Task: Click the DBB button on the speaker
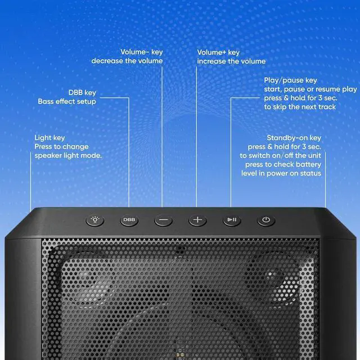click(x=129, y=220)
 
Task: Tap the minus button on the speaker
click(x=163, y=220)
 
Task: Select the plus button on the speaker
click(x=197, y=220)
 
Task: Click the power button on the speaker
click(x=266, y=220)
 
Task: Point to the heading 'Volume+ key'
click(x=218, y=52)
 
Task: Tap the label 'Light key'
click(x=49, y=138)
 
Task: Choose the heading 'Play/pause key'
click(x=290, y=80)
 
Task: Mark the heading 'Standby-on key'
click(x=294, y=138)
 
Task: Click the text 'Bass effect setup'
click(x=67, y=101)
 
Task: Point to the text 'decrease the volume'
click(x=127, y=61)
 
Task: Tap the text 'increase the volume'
click(x=231, y=61)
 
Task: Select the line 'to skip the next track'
click(x=300, y=107)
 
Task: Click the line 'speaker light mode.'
click(x=68, y=155)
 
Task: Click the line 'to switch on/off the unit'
click(x=280, y=155)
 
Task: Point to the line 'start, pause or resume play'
click(x=310, y=89)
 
